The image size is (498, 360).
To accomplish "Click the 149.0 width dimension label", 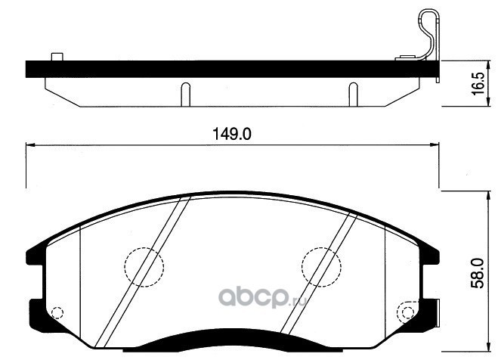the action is click(x=231, y=134).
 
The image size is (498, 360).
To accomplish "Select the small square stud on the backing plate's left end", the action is click(x=57, y=57).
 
